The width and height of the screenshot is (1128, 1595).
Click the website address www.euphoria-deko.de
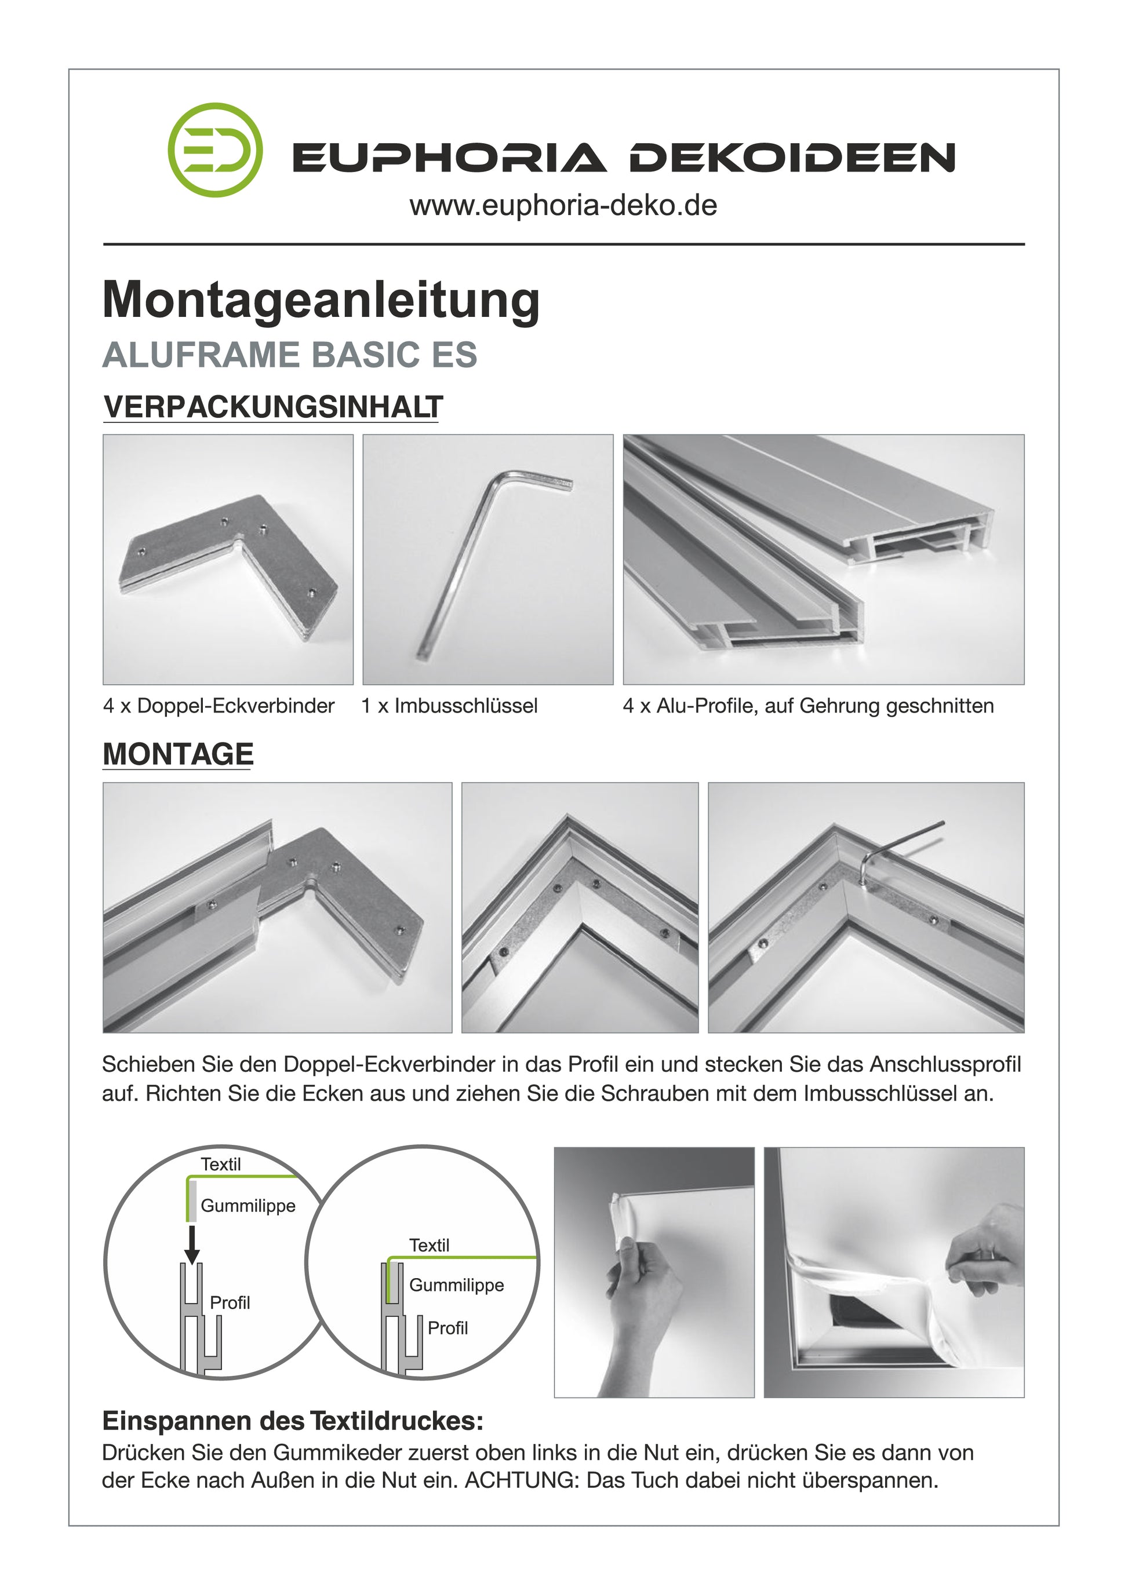pos(563,206)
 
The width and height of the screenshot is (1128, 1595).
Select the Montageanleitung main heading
pos(321,300)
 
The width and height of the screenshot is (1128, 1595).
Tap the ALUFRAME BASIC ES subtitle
pos(290,355)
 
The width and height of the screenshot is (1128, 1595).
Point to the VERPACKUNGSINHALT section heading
pos(273,407)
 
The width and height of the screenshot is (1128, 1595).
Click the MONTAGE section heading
pos(178,754)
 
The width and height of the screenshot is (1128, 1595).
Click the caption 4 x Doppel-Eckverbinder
pos(219,706)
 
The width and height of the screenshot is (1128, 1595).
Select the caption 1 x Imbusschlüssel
pos(450,706)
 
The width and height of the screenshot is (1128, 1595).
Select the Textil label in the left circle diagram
pos(221,1165)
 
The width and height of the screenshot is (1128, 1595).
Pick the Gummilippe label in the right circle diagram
pos(457,1285)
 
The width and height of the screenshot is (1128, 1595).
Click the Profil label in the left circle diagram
pos(230,1302)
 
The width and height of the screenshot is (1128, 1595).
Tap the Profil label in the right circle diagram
pos(447,1328)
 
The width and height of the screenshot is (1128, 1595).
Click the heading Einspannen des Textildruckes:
pos(293,1422)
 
